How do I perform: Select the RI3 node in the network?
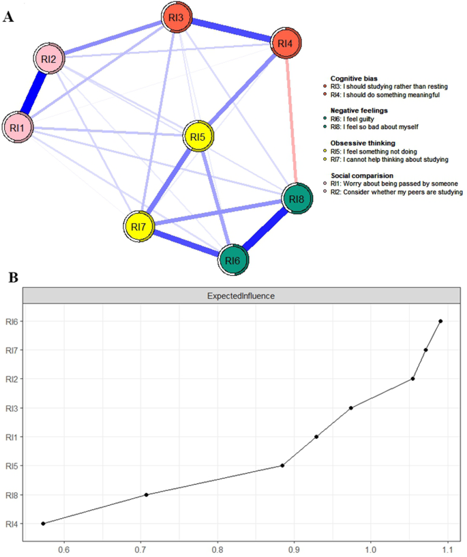pyautogui.click(x=177, y=17)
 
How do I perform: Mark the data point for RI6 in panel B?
pyautogui.click(x=440, y=321)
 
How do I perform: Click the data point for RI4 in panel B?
pyautogui.click(x=43, y=524)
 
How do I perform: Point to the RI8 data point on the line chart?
pyautogui.click(x=147, y=495)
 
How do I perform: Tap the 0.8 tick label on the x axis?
pyautogui.click(x=217, y=547)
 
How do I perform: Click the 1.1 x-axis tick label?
pyautogui.click(x=447, y=547)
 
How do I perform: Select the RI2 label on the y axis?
pyautogui.click(x=10, y=379)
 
